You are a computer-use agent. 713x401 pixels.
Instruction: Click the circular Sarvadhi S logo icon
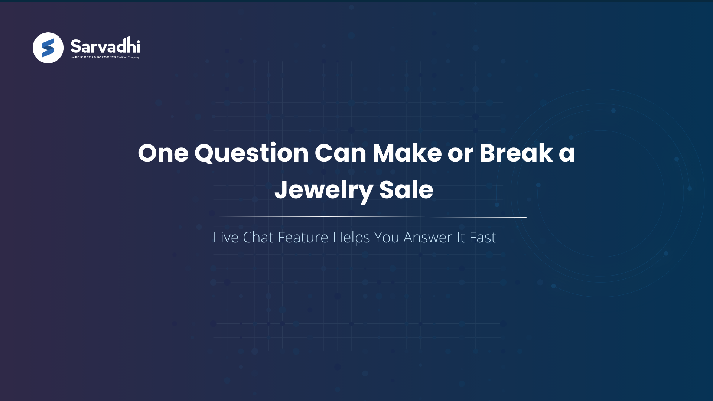48,48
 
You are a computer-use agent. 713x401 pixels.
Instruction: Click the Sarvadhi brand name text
105,46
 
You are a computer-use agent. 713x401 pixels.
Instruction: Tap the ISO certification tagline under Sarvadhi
105,58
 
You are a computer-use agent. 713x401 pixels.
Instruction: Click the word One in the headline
163,153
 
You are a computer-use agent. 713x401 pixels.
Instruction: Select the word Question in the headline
251,153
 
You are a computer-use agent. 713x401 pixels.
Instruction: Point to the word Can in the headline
341,153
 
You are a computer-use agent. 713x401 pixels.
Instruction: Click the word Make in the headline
407,153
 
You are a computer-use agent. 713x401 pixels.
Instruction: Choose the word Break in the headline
516,153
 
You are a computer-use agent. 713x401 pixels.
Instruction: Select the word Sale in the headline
406,190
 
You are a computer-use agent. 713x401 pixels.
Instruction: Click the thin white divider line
356,216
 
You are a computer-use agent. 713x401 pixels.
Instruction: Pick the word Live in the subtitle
225,237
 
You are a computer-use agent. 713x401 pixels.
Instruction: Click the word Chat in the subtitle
258,237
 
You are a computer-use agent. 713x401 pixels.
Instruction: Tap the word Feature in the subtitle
303,237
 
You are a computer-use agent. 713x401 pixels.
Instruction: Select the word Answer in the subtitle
428,237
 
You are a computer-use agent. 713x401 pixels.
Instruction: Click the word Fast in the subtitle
482,237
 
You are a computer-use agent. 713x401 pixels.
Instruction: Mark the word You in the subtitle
386,237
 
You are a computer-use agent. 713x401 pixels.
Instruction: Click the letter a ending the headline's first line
567,154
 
